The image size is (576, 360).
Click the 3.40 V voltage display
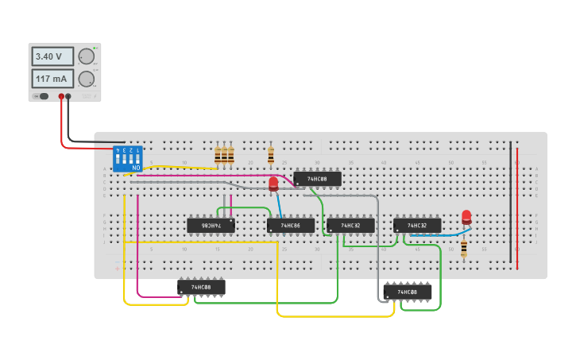click(x=52, y=56)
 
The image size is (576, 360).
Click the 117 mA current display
click(x=52, y=79)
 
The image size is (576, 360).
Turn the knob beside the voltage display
click(x=86, y=56)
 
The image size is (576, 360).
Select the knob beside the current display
click(x=86, y=79)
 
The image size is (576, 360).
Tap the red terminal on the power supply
click(x=61, y=96)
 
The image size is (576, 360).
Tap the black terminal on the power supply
click(x=68, y=96)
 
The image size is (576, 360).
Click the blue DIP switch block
click(x=127, y=159)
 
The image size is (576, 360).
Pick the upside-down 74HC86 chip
click(x=211, y=226)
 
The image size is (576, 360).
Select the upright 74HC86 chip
click(x=291, y=226)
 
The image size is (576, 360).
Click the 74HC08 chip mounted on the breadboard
click(x=317, y=179)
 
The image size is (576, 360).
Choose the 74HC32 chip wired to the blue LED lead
click(x=417, y=226)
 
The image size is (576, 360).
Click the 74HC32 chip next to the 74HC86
click(x=350, y=226)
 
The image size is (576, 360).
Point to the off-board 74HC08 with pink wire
click(x=201, y=287)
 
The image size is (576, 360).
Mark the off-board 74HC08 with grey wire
click(x=408, y=292)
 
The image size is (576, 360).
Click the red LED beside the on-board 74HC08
click(x=273, y=184)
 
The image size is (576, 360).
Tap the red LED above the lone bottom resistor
click(x=466, y=216)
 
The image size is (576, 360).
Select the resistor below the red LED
click(x=464, y=248)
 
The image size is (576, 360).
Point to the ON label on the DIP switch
click(x=137, y=168)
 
